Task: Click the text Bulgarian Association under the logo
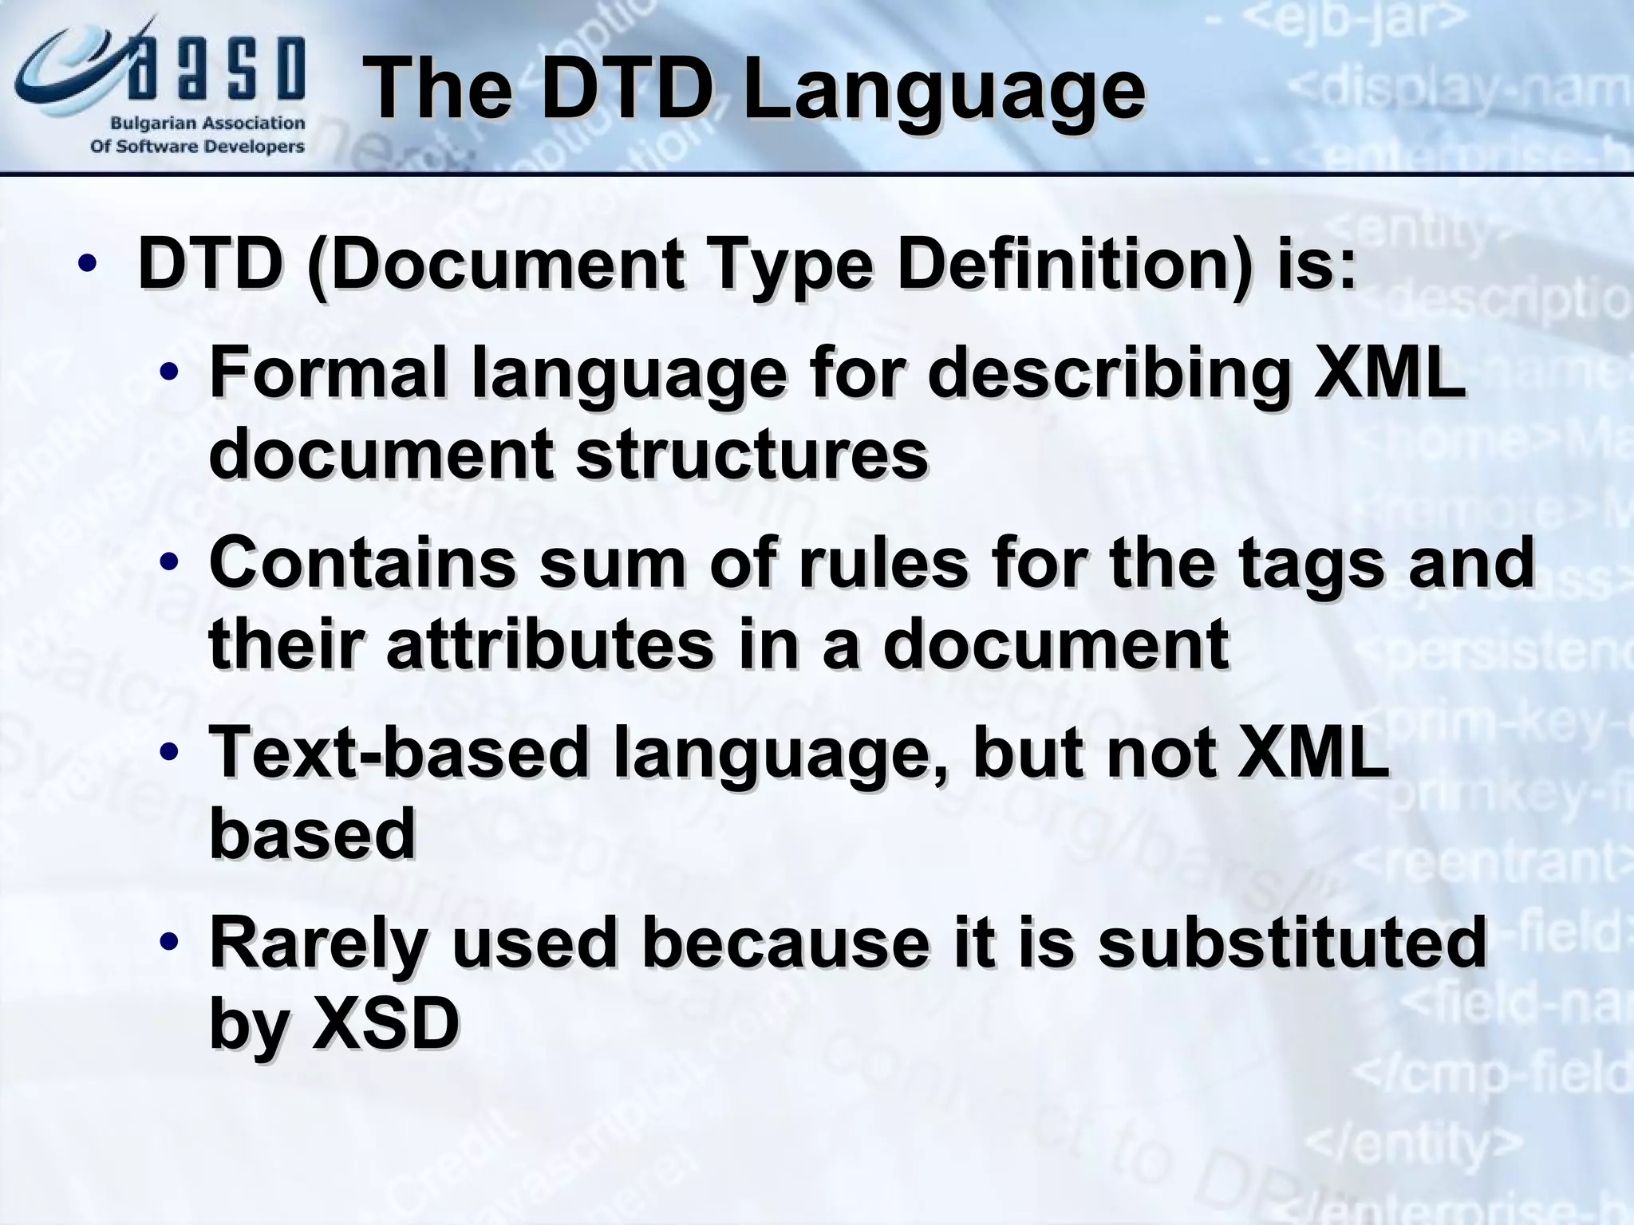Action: (x=207, y=124)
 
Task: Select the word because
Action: (x=787, y=942)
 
